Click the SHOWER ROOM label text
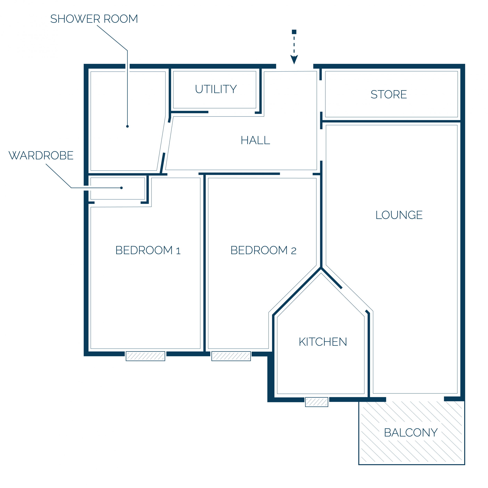94,19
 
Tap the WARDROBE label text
41,155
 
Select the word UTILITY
216,89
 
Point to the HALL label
255,140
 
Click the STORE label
389,94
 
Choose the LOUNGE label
399,215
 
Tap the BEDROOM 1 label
148,250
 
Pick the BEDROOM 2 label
264,250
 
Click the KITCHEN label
323,342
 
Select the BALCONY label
411,433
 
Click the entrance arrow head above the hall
294,60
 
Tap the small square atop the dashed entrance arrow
294,32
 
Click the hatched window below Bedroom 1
145,356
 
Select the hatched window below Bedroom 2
231,356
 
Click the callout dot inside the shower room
127,126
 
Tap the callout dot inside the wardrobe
121,188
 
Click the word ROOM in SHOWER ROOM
121,19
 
